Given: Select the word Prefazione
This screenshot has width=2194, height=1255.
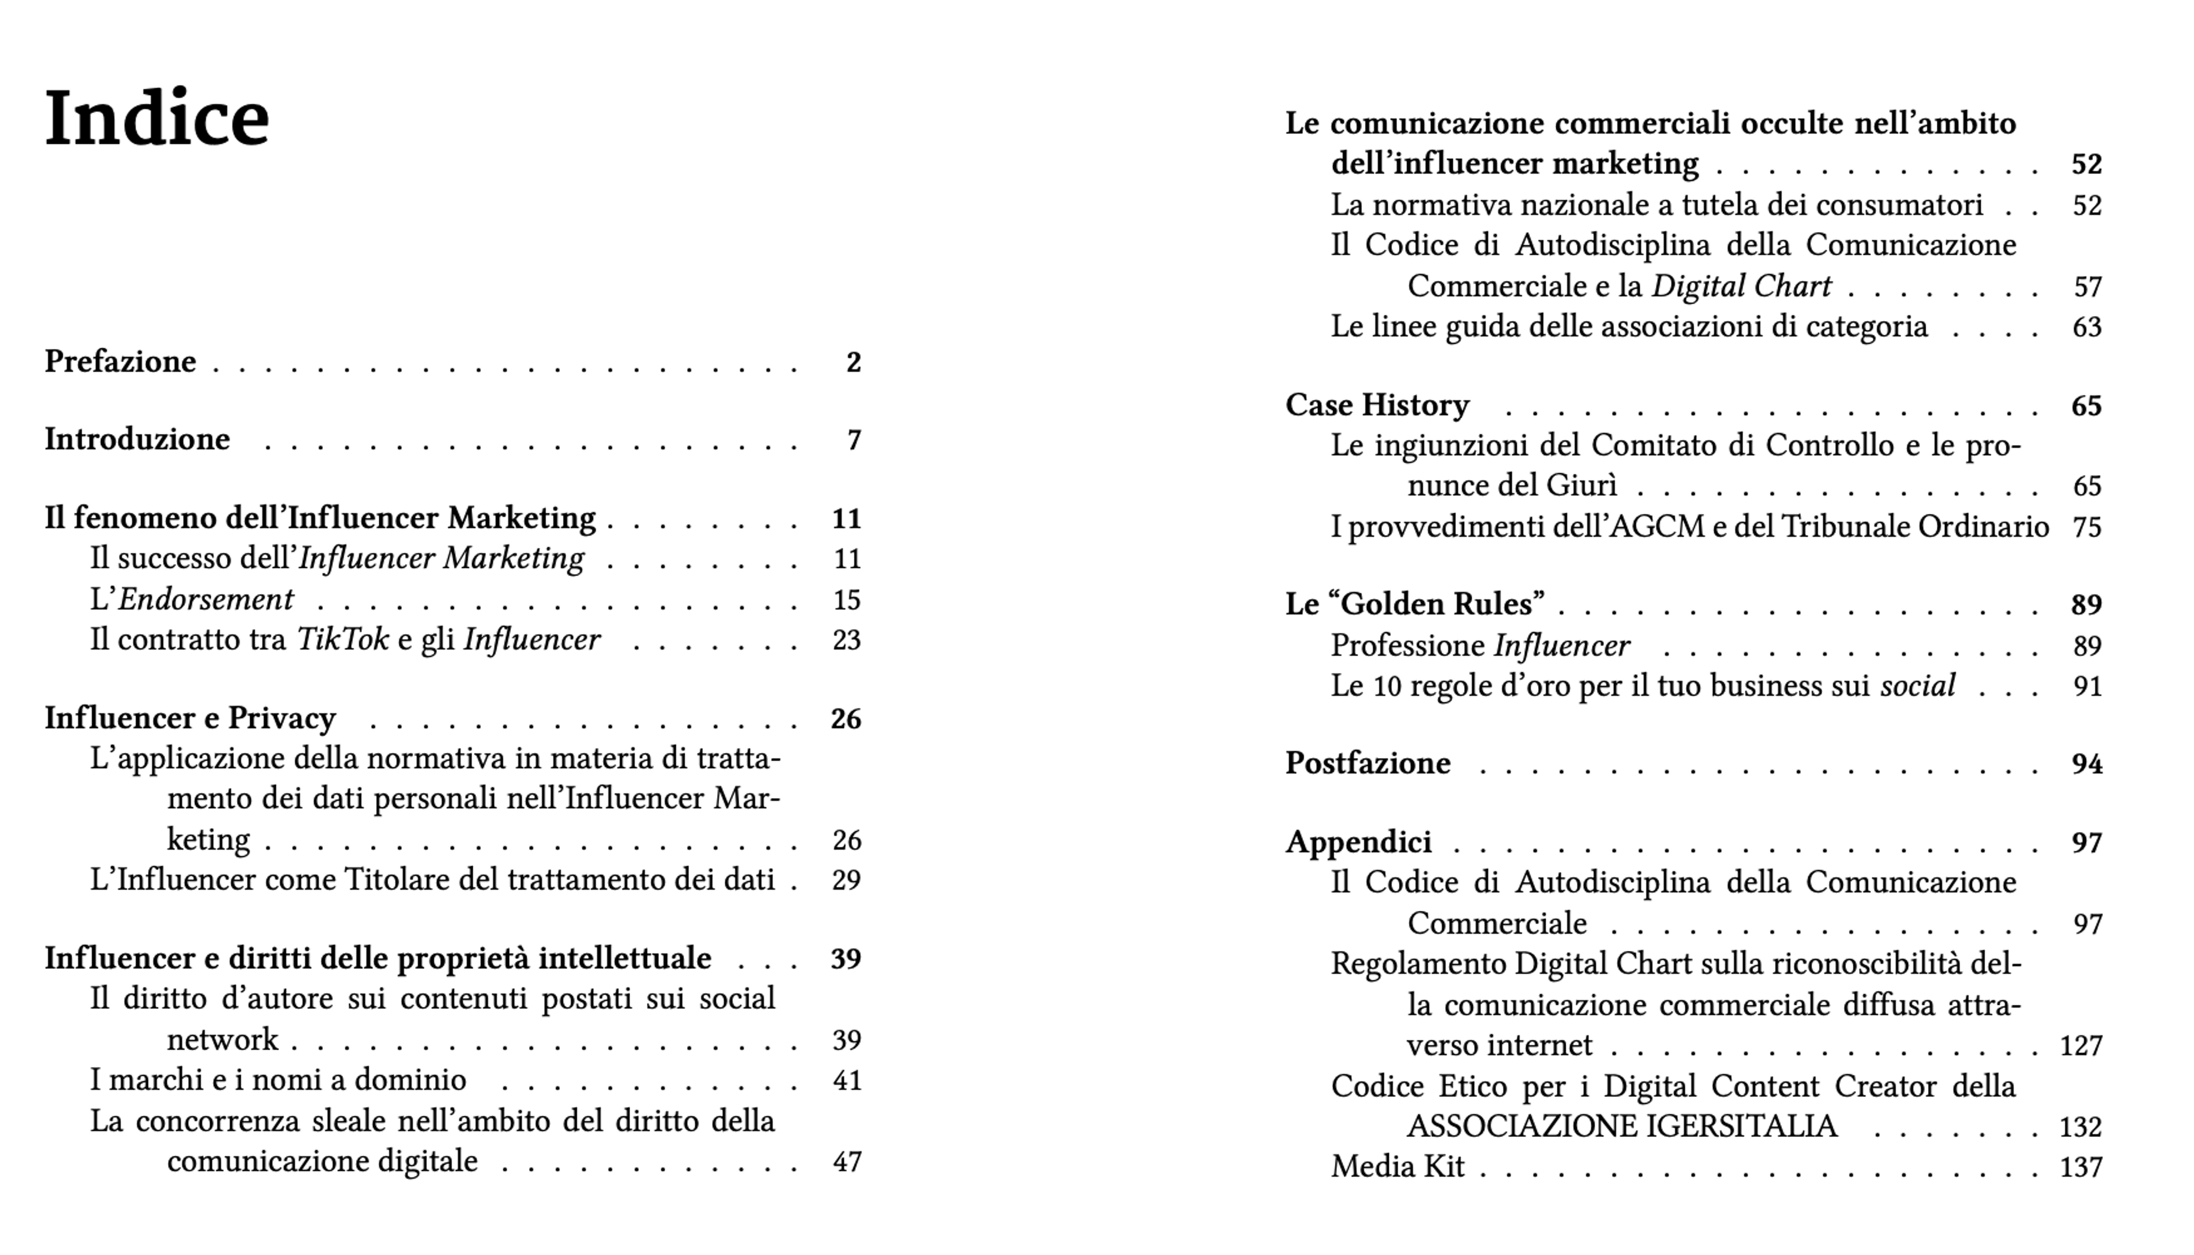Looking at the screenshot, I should pyautogui.click(x=120, y=361).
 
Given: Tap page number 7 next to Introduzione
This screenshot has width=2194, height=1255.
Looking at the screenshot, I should pyautogui.click(x=854, y=440).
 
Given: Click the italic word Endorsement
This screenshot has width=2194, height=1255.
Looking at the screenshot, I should pyautogui.click(x=205, y=599).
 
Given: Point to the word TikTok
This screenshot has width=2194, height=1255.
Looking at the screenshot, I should pyautogui.click(x=342, y=640).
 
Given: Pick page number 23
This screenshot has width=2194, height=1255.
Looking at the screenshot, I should pyautogui.click(x=846, y=640).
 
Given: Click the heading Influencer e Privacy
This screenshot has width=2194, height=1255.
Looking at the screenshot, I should pyautogui.click(x=190, y=718).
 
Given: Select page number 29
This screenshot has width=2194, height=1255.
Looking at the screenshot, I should pyautogui.click(x=846, y=880).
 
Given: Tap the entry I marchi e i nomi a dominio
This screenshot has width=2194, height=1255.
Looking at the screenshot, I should pyautogui.click(x=278, y=1080).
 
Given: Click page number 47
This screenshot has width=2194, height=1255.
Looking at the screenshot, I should pyautogui.click(x=846, y=1162).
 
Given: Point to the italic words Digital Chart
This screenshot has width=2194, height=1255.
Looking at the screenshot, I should pyautogui.click(x=1741, y=286).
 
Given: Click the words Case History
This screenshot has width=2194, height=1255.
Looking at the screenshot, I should pyautogui.click(x=1377, y=405).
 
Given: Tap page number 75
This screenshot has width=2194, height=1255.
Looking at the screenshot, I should pyautogui.click(x=2087, y=527).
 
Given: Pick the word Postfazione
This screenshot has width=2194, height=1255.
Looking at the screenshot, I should pyautogui.click(x=1368, y=763).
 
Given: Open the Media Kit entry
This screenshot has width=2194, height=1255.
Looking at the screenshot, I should pyautogui.click(x=1397, y=1167).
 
